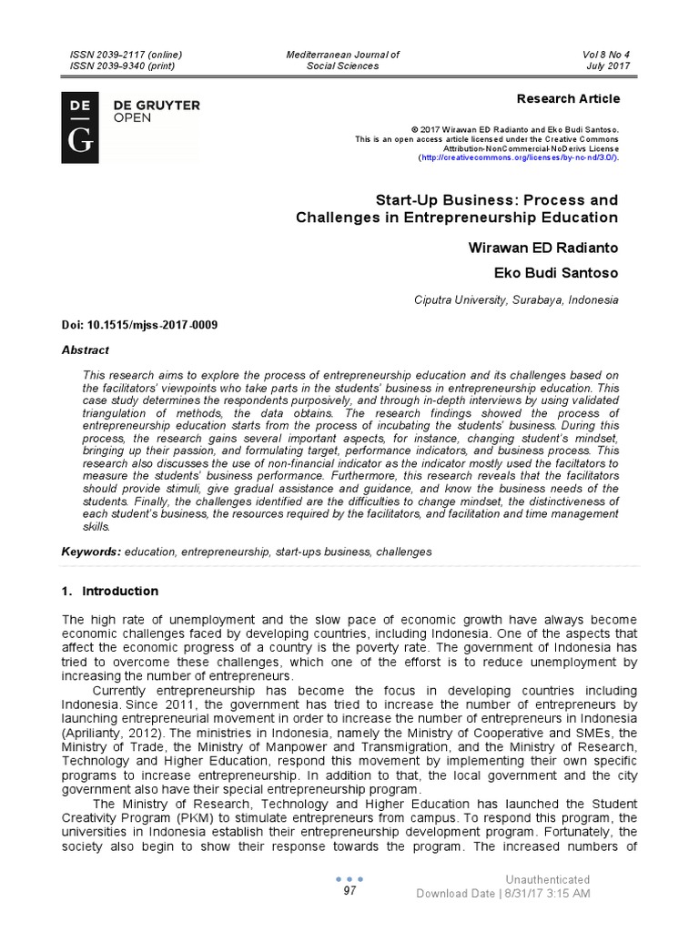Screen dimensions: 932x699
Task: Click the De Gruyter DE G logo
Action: (79, 127)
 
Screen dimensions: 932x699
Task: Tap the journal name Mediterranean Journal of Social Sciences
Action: (342, 60)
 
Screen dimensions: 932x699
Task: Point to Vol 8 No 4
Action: (606, 55)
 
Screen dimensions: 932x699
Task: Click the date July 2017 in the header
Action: (608, 66)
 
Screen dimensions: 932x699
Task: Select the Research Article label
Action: (568, 98)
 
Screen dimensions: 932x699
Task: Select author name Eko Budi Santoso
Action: (555, 272)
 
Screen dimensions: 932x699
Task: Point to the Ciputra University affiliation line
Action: (516, 299)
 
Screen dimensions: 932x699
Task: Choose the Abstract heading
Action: (85, 349)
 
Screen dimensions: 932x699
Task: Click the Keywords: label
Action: (91, 552)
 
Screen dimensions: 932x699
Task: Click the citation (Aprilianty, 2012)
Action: (113, 731)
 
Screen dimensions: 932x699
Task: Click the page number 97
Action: (349, 891)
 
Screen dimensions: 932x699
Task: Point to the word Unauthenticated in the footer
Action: (548, 879)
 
